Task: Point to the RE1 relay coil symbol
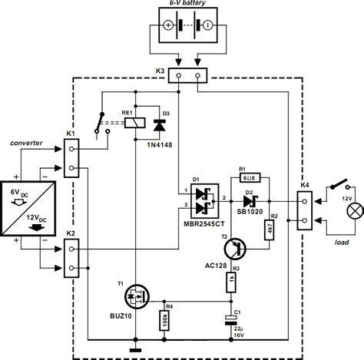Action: [x=135, y=123]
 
